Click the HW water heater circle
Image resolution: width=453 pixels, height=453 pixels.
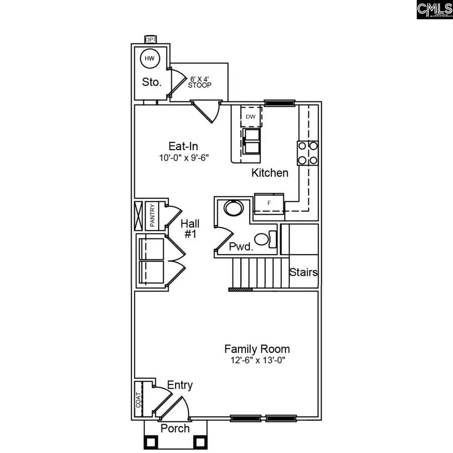pos(149,59)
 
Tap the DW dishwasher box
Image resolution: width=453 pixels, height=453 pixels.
pos(251,117)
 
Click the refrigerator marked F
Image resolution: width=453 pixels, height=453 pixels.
pos(269,202)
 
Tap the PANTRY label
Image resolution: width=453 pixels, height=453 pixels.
pos(153,215)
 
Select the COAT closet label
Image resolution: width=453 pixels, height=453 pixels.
pos(138,399)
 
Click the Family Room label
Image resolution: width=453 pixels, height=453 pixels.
pos(257,349)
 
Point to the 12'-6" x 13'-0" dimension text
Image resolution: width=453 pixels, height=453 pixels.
pos(257,360)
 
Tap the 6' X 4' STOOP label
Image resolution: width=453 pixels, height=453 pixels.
pos(200,82)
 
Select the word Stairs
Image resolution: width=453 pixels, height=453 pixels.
pos(304,272)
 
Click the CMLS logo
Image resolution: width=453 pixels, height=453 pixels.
pos(434,10)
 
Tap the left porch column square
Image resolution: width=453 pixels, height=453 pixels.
pos(150,442)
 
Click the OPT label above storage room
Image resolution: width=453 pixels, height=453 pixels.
pos(150,39)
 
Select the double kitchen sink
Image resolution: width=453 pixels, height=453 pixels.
pos(251,141)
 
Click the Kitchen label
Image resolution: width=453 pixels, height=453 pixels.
pos(270,173)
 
